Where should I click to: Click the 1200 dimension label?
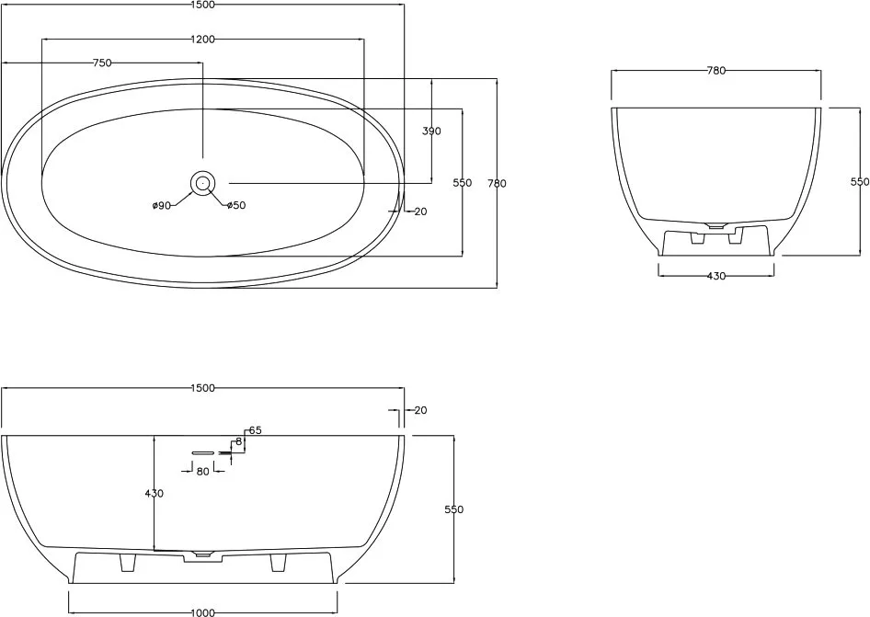[x=202, y=40]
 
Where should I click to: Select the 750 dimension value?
[x=102, y=63]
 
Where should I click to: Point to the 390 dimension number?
[x=431, y=131]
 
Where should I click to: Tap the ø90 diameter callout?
[x=161, y=206]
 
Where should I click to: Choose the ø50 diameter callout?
[x=235, y=205]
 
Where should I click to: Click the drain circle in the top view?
[x=202, y=183]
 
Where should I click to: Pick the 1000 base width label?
[x=202, y=612]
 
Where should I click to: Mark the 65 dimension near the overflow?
[x=256, y=430]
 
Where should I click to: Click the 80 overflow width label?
[x=203, y=471]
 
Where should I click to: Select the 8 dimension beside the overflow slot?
[x=238, y=441]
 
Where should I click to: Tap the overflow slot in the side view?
[x=203, y=452]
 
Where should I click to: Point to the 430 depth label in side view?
[x=154, y=493]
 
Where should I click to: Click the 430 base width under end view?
[x=716, y=276]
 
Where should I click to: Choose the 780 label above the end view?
[x=716, y=71]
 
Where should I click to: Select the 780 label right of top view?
[x=498, y=183]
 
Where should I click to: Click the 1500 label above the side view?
[x=202, y=388]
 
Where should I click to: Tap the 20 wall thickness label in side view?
[x=420, y=410]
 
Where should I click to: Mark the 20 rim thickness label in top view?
[x=420, y=211]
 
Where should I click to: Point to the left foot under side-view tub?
[x=128, y=562]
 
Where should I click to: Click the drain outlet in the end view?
[x=715, y=225]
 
